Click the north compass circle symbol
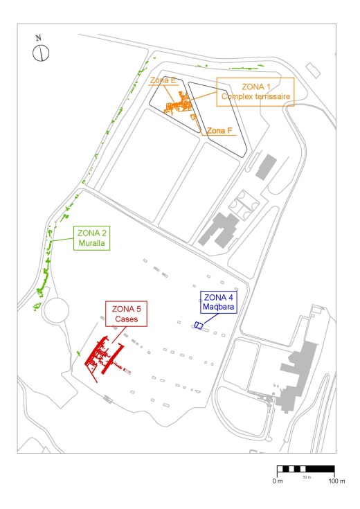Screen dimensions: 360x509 [x=41, y=53]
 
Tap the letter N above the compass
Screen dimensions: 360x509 [x=38, y=38]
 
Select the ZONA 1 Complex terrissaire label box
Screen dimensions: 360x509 [x=255, y=92]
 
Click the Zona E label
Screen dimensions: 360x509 [x=163, y=80]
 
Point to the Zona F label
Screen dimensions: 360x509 [x=219, y=130]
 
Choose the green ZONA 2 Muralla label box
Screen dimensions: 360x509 [x=91, y=238]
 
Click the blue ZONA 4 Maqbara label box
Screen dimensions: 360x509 [x=219, y=302]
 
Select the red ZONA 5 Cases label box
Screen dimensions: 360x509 [x=126, y=314]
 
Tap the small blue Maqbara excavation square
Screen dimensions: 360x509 [x=199, y=325]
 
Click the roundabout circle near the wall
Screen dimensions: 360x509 [x=57, y=310]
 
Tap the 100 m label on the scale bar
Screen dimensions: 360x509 [x=336, y=481]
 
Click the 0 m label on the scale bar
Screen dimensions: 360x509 [x=278, y=481]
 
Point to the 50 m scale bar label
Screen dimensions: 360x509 [x=307, y=477]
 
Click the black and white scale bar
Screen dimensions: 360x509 [x=305, y=469]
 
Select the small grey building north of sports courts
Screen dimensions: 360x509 [x=266, y=167]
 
